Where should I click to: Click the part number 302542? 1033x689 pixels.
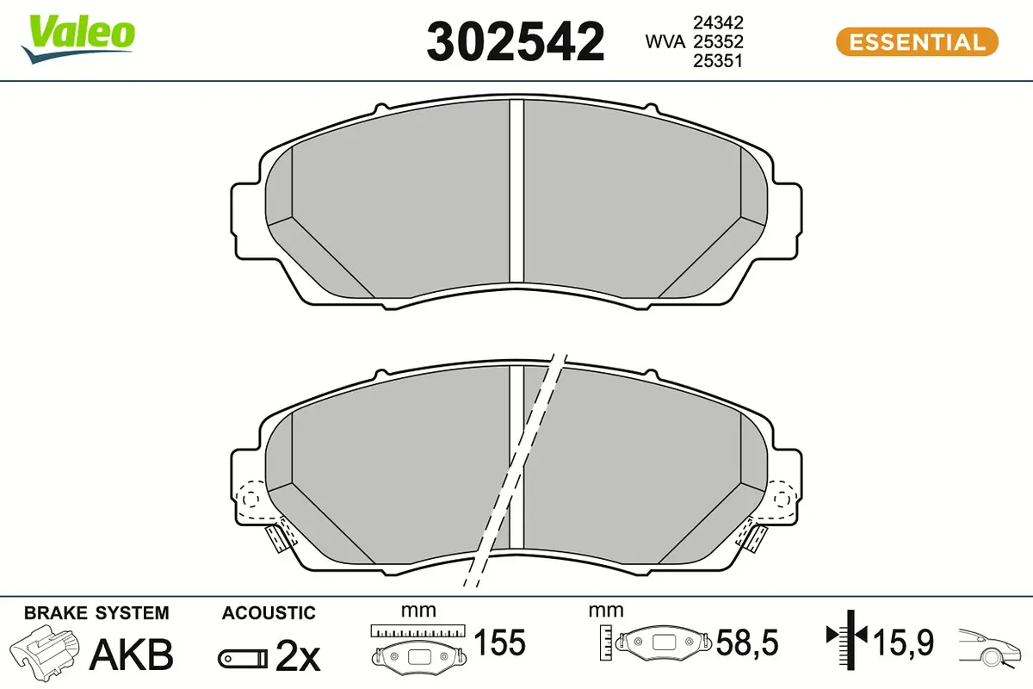point(516,41)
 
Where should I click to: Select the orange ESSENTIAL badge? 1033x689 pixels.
point(917,41)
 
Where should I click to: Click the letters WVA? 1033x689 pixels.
point(666,41)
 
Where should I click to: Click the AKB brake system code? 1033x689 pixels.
point(132,655)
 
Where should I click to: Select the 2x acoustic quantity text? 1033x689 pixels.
point(297,658)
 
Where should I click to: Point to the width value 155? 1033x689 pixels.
point(500,642)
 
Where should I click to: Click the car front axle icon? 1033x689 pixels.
point(990,648)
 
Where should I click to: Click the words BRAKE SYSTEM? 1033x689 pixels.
point(96,613)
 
